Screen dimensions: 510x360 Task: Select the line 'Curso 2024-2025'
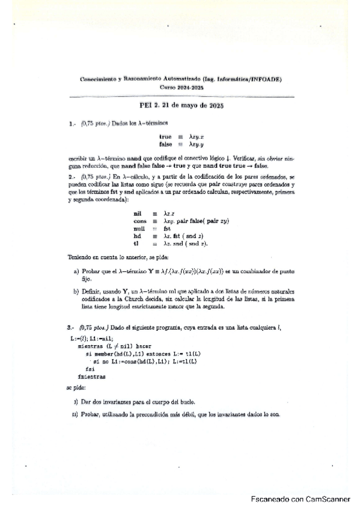click(182, 87)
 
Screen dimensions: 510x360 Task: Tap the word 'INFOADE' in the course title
click(265, 79)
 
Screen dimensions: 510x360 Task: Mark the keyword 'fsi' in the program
click(90, 369)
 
